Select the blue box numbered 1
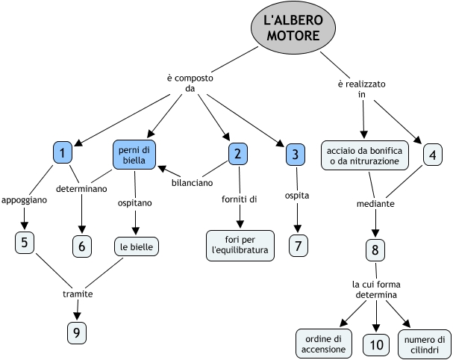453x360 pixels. [63, 153]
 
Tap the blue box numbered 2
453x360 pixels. [237, 154]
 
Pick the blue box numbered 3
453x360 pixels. [296, 155]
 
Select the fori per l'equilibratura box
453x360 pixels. [239, 243]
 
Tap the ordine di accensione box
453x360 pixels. [323, 344]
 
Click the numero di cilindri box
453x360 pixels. [425, 344]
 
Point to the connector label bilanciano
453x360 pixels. [192, 181]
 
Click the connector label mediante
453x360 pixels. [375, 203]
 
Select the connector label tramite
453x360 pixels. [78, 294]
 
